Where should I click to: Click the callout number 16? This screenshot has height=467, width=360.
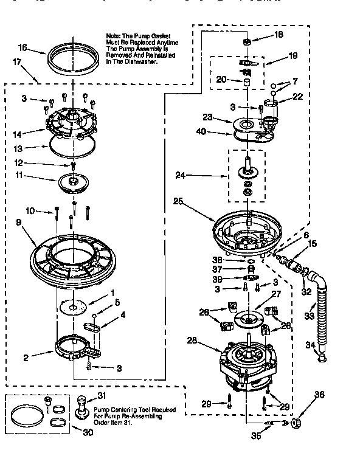22,47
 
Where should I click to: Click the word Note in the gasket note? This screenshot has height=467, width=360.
114,36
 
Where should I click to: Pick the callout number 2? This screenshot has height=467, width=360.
25,358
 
